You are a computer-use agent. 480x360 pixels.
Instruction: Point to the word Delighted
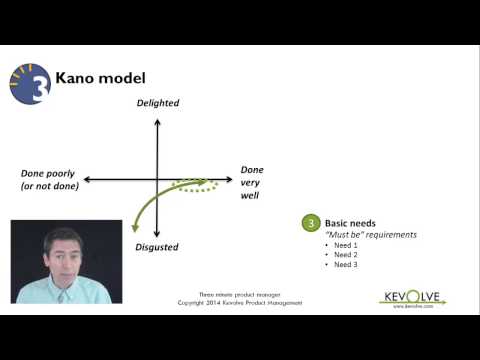158,105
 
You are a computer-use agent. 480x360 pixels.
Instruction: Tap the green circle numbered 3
311,222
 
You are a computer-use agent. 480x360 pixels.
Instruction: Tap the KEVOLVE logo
413,298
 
